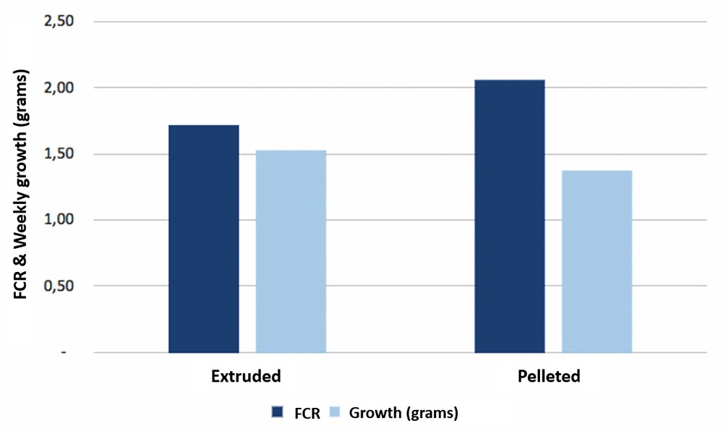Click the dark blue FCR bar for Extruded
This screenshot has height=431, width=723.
(204, 239)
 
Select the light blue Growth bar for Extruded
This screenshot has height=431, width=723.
(291, 251)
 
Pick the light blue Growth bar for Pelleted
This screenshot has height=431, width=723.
(596, 261)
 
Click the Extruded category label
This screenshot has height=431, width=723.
(246, 377)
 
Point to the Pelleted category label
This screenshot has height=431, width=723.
(549, 377)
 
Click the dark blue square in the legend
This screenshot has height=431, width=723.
(277, 412)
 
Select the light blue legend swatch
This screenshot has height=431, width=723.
(333, 412)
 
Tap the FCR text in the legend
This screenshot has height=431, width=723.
(307, 413)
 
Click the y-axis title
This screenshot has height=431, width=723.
(22, 188)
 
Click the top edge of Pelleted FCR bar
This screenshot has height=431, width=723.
(510, 80)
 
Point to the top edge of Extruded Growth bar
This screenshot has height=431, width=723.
(291, 150)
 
